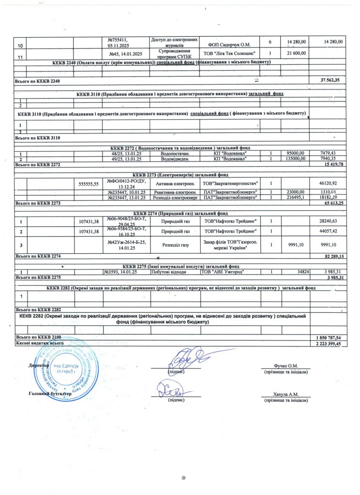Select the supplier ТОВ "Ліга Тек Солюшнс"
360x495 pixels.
(229, 53)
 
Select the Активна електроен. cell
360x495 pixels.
(174, 184)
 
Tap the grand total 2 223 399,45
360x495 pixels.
(328, 343)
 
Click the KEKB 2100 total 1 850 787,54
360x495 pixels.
(328, 337)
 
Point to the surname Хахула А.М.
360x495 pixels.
(285, 394)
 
